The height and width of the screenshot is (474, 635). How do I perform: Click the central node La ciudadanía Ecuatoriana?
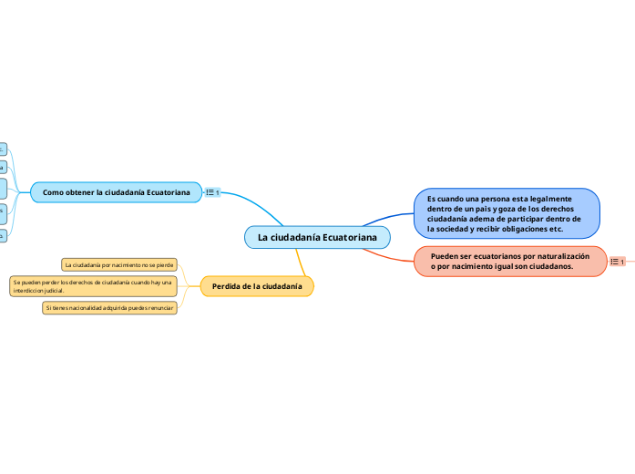point(317,237)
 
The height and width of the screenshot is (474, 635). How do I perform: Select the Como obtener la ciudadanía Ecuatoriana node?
point(117,192)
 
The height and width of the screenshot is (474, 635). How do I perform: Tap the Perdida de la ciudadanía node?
point(257,286)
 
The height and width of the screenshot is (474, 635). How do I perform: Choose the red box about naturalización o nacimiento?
point(510,262)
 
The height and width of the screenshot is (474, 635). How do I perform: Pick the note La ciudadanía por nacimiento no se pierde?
point(118,264)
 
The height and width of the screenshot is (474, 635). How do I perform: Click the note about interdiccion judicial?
point(93,286)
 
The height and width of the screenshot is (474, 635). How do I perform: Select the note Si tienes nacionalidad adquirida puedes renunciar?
point(109,308)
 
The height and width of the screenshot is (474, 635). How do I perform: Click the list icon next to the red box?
point(617,263)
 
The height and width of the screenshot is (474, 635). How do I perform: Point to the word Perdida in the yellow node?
point(227,286)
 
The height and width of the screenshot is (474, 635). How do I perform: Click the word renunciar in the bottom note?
point(159,308)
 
